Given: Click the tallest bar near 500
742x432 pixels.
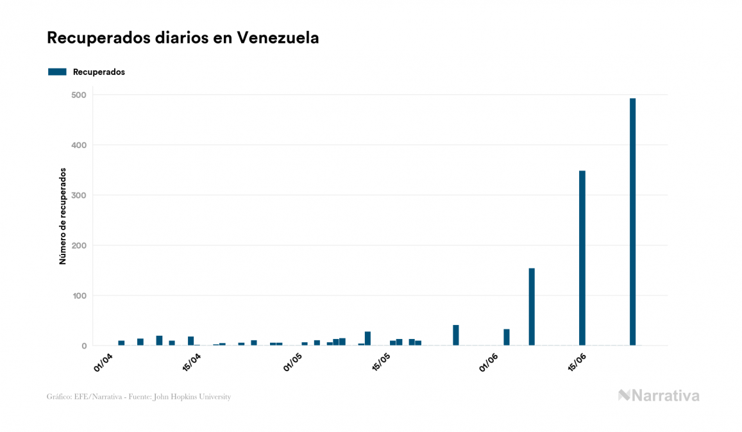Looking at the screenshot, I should [632, 222].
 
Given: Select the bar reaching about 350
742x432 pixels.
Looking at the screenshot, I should [582, 258].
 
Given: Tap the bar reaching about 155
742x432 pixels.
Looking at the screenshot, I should [532, 306].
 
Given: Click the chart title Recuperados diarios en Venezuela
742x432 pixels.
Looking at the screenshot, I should [183, 38].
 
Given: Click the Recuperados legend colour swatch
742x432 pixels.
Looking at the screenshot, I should [57, 72].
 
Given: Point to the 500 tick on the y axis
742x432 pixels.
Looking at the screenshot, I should [78, 95].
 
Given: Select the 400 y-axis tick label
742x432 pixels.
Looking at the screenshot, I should [78, 145].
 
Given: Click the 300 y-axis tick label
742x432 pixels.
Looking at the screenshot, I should [78, 195].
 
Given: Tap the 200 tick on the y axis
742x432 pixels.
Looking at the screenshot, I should [78, 245].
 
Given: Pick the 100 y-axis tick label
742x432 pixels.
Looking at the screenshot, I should [78, 295].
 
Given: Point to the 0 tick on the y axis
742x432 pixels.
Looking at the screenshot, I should [83, 346].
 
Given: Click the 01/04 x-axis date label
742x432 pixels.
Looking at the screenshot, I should [103, 362].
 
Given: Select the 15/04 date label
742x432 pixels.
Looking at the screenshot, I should [191, 363].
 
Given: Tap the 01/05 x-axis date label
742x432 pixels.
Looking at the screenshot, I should [292, 362].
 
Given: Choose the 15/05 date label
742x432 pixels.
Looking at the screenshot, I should [381, 363].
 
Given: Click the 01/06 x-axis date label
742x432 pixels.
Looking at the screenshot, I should [489, 362].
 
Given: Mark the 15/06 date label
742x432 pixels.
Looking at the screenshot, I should [577, 363].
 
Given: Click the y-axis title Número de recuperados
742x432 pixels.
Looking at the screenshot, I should [63, 216].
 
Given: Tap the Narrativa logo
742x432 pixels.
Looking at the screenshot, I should [659, 395].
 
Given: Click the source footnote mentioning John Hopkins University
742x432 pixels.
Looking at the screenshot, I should [139, 397].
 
